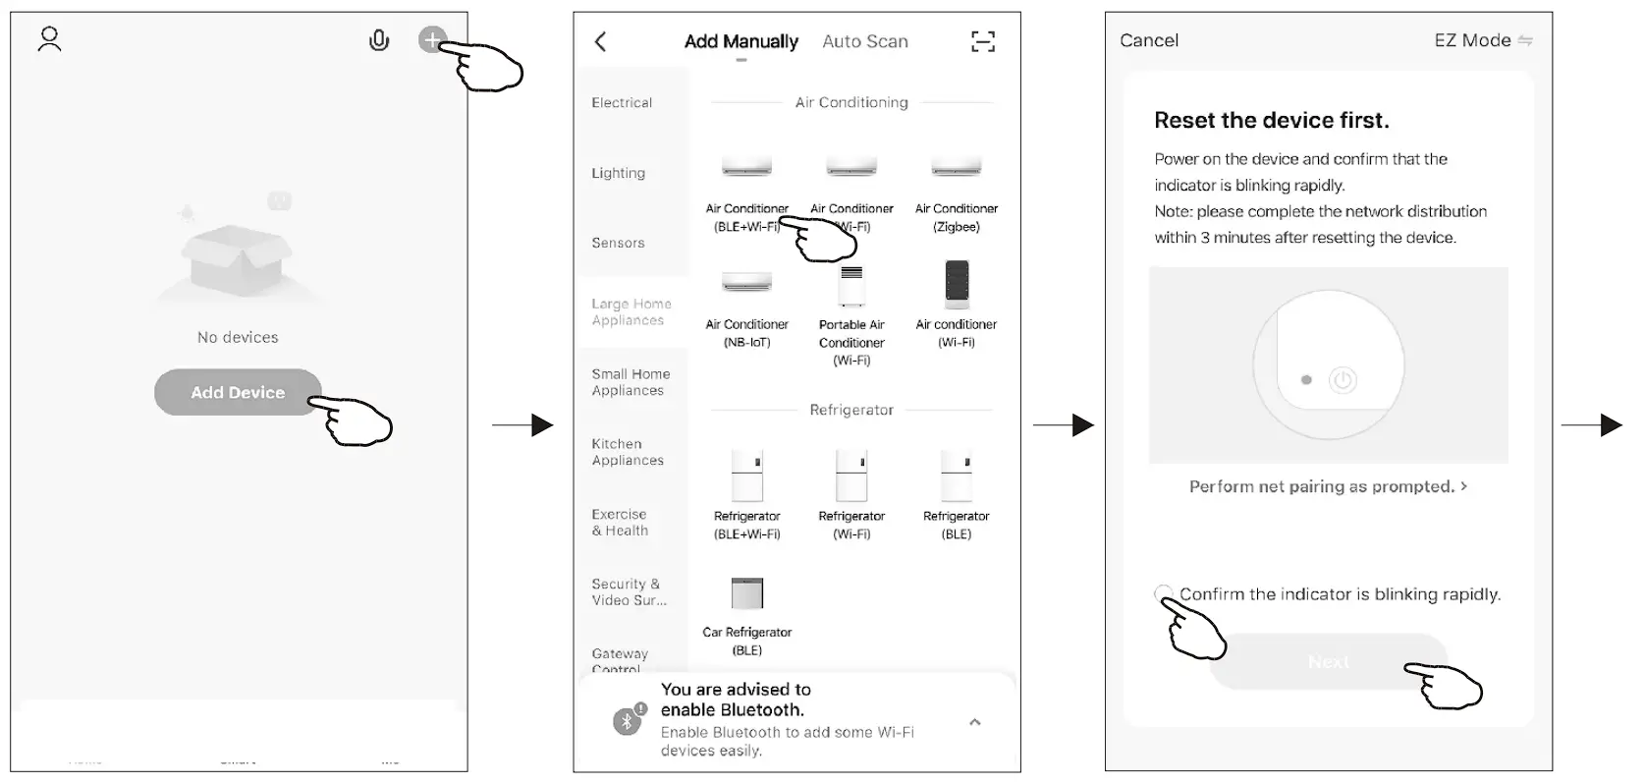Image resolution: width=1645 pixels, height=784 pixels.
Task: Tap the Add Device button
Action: [x=237, y=392]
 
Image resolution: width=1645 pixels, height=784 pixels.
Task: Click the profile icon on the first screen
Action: [x=49, y=39]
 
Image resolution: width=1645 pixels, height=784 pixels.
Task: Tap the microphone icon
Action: [x=379, y=40]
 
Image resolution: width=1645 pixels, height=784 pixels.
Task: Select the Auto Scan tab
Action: [x=864, y=41]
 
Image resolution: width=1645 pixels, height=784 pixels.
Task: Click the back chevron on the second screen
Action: [x=601, y=41]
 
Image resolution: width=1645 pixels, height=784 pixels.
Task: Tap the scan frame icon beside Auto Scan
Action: [x=982, y=41]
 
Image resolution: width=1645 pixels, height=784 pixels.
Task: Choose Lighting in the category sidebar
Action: [x=619, y=173]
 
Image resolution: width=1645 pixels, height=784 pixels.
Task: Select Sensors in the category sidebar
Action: [x=619, y=243]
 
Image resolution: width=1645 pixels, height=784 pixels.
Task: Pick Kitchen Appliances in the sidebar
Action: [x=628, y=452]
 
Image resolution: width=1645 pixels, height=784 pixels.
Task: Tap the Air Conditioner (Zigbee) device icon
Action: [x=956, y=166]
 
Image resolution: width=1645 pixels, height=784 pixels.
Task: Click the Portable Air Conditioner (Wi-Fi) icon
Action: [x=851, y=286]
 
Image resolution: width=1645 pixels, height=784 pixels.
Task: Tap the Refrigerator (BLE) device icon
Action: [x=956, y=475]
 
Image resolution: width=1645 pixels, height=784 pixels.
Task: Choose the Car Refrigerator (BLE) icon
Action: [x=746, y=593]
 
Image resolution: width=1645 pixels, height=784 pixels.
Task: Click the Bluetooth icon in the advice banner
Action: [x=628, y=721]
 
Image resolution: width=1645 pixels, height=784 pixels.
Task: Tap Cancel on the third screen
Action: [x=1149, y=40]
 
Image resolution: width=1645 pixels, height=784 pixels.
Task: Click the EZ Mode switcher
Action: [x=1482, y=40]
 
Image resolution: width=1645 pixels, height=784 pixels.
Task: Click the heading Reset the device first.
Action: [x=1272, y=121]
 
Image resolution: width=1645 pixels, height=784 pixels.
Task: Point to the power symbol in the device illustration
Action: [x=1343, y=380]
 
